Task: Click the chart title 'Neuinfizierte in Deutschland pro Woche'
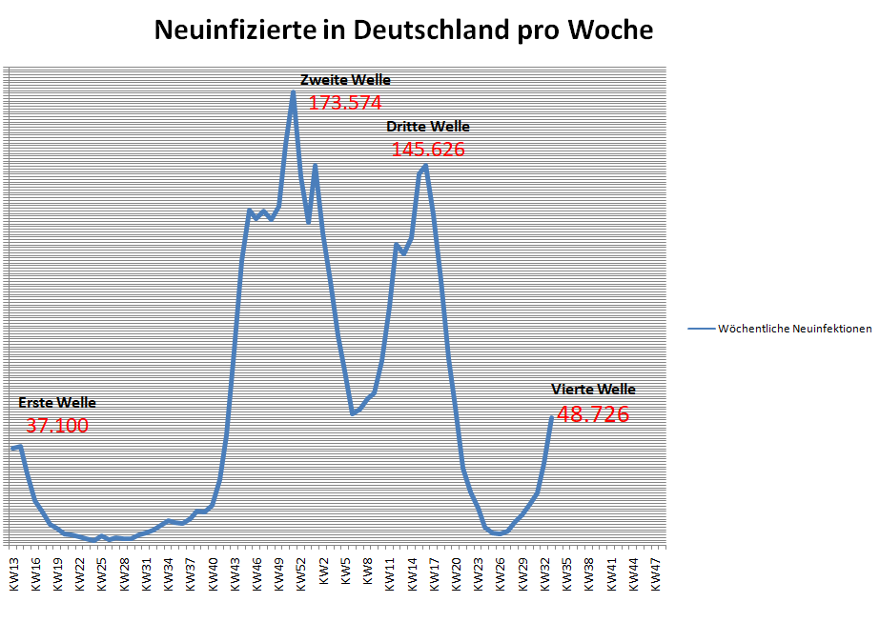tap(404, 30)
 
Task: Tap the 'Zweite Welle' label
tap(345, 80)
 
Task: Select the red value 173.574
tap(344, 103)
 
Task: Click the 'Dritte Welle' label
tap(427, 127)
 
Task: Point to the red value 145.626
tap(428, 150)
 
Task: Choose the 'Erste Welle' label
tap(57, 403)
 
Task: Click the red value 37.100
tap(57, 426)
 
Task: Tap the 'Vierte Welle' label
tap(593, 390)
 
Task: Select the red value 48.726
tap(593, 414)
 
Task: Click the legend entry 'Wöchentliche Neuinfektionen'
tap(780, 329)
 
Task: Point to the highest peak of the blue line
tap(293, 92)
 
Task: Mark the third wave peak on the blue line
tap(425, 165)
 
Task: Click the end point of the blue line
tap(551, 417)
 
